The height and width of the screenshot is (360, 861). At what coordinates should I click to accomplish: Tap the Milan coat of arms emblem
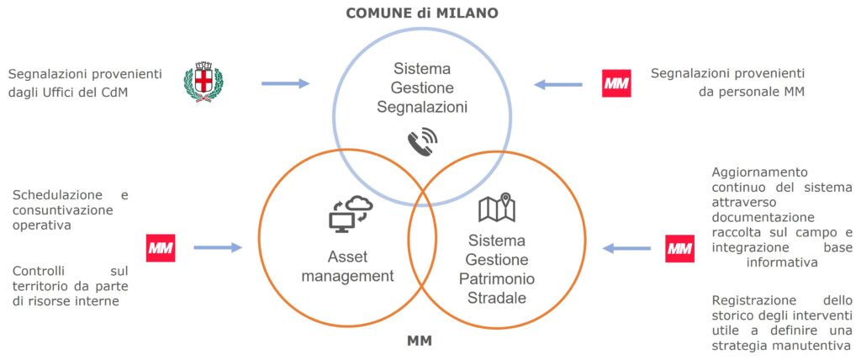tap(203, 82)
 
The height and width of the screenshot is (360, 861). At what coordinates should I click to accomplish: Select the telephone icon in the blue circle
tap(423, 142)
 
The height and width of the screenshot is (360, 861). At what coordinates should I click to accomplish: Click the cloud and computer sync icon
tap(350, 214)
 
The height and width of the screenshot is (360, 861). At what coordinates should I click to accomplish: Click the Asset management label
tap(348, 265)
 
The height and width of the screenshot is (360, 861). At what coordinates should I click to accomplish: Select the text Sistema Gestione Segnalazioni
tap(422, 87)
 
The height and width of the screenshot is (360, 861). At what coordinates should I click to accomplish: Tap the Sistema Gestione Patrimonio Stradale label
tap(497, 268)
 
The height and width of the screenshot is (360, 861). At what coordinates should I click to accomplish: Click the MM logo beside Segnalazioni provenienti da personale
tap(616, 83)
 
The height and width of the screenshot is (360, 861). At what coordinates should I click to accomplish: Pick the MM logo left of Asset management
tap(161, 247)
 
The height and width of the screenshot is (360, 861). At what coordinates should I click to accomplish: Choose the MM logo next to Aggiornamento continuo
tap(679, 248)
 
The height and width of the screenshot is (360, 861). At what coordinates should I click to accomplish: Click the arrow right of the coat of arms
tap(285, 83)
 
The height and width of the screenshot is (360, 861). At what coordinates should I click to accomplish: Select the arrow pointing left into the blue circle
tap(558, 83)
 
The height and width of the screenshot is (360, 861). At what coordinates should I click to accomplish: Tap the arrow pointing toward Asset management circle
tap(217, 247)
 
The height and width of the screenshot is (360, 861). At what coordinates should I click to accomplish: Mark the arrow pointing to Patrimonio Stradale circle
tap(626, 248)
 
